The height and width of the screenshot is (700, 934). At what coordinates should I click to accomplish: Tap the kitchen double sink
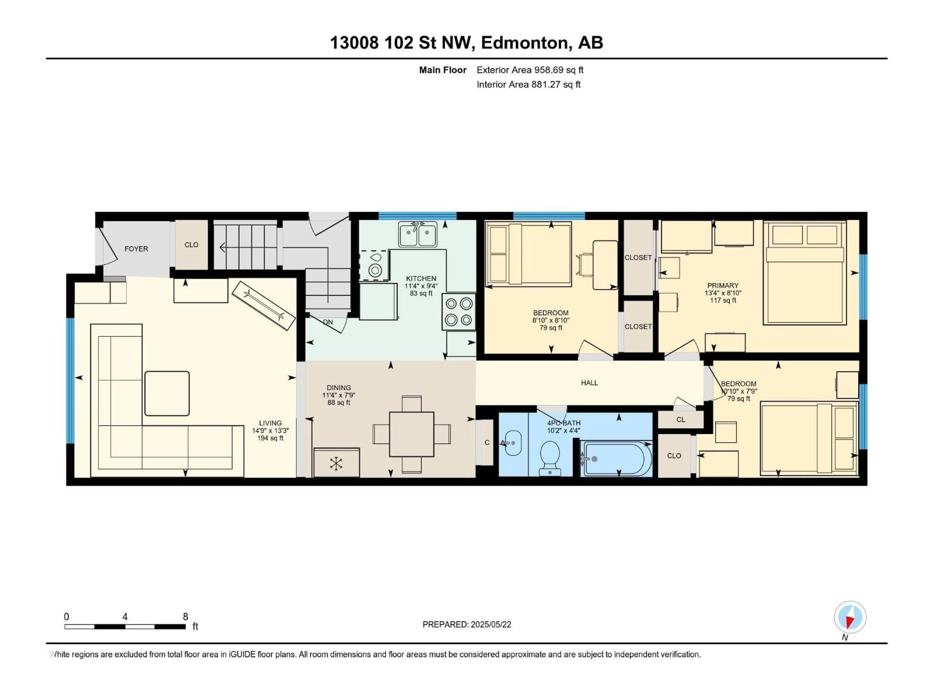point(418,235)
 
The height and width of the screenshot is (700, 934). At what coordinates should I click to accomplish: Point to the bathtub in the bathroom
point(616,459)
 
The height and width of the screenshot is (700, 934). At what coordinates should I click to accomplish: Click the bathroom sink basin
point(512,443)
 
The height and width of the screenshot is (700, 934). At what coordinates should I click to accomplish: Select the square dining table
point(411,434)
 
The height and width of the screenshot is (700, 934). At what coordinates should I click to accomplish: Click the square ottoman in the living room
point(167,393)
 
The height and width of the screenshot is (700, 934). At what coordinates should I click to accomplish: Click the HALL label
point(589,383)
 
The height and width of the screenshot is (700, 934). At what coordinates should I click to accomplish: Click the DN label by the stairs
point(328,322)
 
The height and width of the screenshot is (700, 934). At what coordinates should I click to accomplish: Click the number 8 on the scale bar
point(185,616)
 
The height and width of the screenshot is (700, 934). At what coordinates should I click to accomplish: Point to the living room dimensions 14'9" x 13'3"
point(270,430)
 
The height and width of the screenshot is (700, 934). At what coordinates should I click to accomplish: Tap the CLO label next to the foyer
point(191,245)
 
